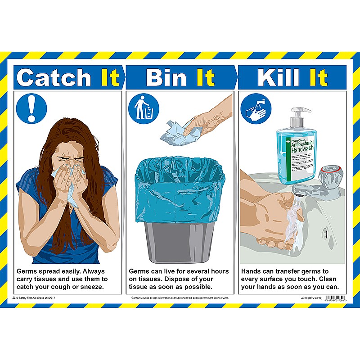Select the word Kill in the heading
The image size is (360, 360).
pyautogui.click(x=279, y=77)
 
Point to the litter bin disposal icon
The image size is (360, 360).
pyautogui.click(x=143, y=108)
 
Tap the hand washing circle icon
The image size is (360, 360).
pyautogui.click(x=255, y=108)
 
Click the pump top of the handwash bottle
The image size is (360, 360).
pyautogui.click(x=297, y=114)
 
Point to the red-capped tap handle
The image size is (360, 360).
pyautogui.click(x=332, y=173)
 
